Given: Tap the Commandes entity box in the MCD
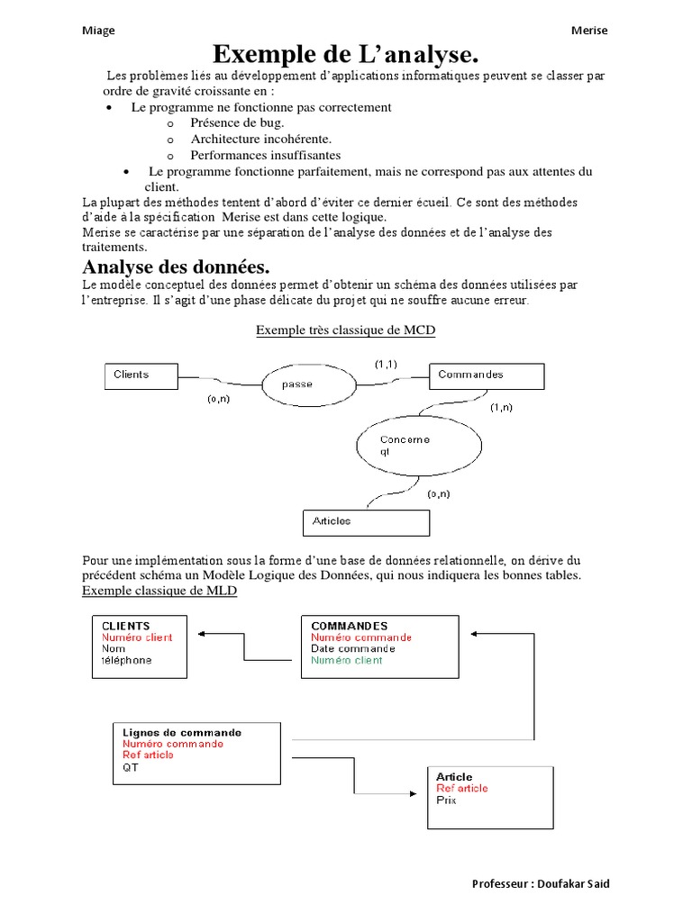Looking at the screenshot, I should coord(489,376).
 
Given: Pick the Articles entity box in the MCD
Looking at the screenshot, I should coord(366,522).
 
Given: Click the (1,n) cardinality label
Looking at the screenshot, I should coord(501,408).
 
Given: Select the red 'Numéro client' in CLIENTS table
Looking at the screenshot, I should coord(137,637).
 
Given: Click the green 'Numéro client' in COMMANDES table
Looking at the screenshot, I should coord(347,660).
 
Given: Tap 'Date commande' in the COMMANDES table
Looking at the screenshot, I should coord(353,648).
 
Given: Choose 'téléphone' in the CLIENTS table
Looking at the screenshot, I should coord(127,660).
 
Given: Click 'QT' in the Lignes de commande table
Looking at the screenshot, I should coord(132,769).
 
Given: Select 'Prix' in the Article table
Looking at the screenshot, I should coord(447,800).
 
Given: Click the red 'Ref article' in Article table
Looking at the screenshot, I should coord(462,788).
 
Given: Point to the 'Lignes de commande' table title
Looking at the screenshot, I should coord(182,733).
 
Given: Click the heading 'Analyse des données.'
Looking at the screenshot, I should coord(177,267).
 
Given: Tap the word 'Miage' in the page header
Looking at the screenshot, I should coord(98,31).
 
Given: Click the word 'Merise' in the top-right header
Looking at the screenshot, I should coord(589,31).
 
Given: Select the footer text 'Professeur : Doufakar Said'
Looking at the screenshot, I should coord(541,883).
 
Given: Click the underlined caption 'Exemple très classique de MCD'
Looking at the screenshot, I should coord(345,330).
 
